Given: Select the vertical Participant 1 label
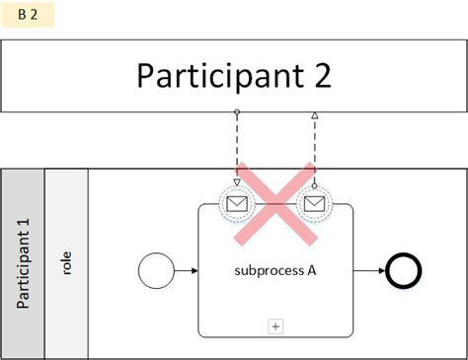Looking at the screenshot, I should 24,264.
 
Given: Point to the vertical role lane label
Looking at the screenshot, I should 66,264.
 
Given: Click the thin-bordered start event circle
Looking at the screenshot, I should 156,268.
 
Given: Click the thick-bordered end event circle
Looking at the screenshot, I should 405,268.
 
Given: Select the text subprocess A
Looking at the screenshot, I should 274,268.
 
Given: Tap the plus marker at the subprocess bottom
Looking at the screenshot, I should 275,324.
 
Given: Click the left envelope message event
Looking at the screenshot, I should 237,204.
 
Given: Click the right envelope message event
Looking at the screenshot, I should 315,204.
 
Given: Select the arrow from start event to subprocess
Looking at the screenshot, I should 185,268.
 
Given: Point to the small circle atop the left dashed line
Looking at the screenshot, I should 237,112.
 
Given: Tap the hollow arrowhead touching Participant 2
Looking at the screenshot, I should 315,115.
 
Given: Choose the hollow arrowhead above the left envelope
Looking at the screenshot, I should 237,180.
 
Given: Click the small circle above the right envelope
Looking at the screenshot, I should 315,184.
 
